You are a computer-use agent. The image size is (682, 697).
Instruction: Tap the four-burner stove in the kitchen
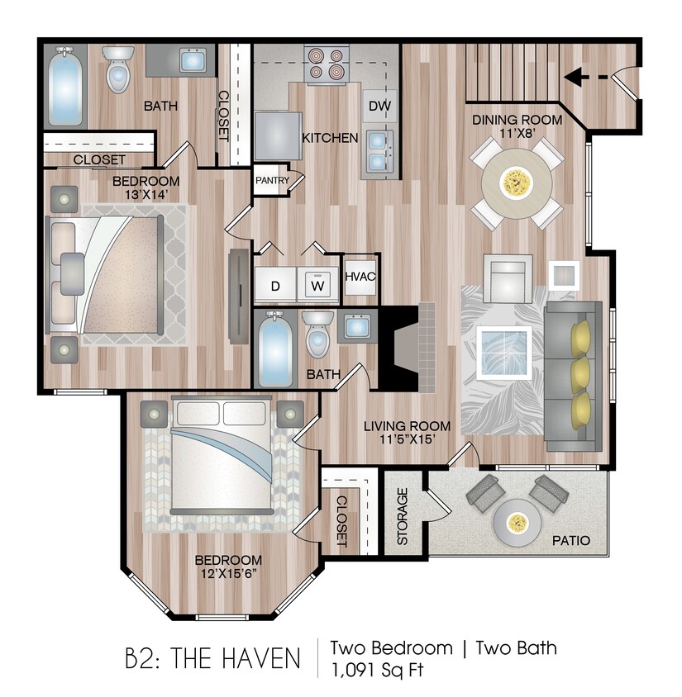325,64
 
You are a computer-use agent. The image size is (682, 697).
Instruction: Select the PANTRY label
271,179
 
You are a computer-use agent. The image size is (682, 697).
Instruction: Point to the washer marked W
317,287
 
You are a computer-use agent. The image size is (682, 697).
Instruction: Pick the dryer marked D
274,287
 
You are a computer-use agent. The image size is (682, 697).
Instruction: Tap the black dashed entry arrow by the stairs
589,77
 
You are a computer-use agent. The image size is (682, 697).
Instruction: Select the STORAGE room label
403,516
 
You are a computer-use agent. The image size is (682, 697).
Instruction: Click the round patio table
518,522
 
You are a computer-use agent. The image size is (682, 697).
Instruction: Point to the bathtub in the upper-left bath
64,86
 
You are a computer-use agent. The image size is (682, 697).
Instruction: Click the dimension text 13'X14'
145,195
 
